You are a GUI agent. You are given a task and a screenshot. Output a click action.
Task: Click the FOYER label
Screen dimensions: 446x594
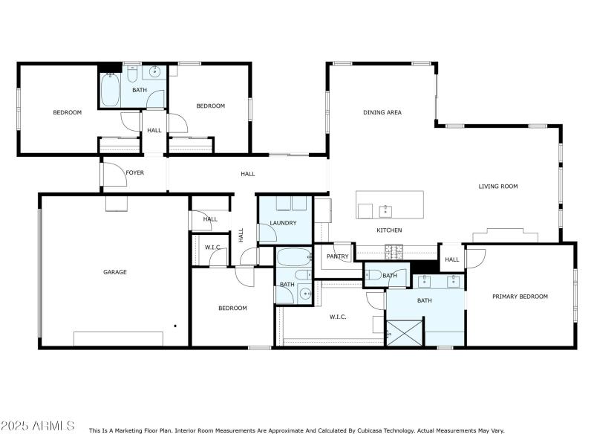pos(134,173)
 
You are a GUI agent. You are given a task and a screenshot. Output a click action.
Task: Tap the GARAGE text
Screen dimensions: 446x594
pos(114,272)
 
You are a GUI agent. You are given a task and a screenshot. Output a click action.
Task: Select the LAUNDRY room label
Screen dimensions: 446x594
pos(283,223)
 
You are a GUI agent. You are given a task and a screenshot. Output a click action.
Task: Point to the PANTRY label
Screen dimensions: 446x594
pos(338,256)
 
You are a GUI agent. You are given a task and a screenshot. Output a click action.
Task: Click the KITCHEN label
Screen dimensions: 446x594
pos(389,230)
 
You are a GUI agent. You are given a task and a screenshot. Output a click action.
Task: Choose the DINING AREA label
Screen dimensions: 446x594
pos(382,113)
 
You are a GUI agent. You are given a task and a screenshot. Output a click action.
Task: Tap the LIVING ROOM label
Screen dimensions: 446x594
pos(497,187)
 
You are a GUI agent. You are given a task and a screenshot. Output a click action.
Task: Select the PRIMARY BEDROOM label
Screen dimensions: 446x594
pos(520,297)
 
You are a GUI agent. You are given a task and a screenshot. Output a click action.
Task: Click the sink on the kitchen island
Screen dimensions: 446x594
pos(385,210)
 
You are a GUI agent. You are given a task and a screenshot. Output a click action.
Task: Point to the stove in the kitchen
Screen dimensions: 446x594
pos(393,251)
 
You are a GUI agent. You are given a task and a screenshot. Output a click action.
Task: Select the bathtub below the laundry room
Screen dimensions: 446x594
pos(293,259)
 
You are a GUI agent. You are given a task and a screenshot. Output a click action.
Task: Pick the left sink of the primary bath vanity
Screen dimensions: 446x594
pos(424,282)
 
